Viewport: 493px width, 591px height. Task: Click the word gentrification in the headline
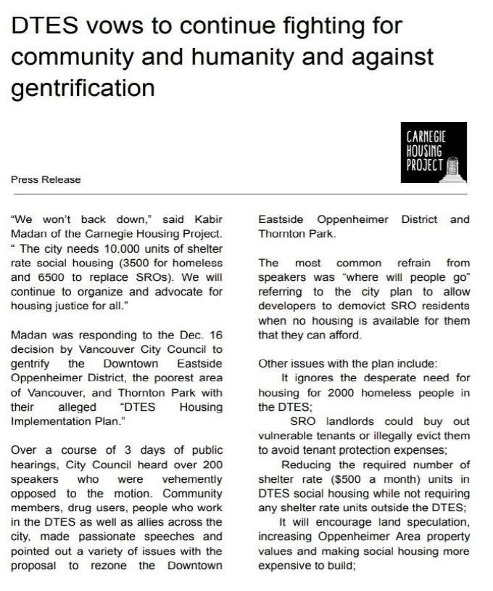pyautogui.click(x=83, y=88)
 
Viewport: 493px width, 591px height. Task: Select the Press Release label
pyautogui.click(x=46, y=179)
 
